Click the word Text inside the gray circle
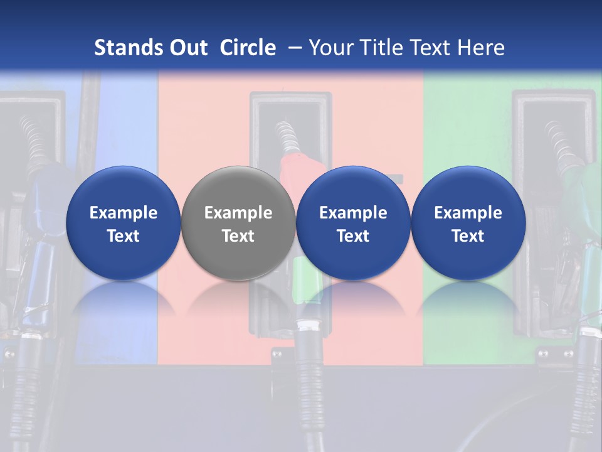click(238, 236)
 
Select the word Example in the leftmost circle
click(124, 213)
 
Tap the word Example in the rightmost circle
click(468, 213)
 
